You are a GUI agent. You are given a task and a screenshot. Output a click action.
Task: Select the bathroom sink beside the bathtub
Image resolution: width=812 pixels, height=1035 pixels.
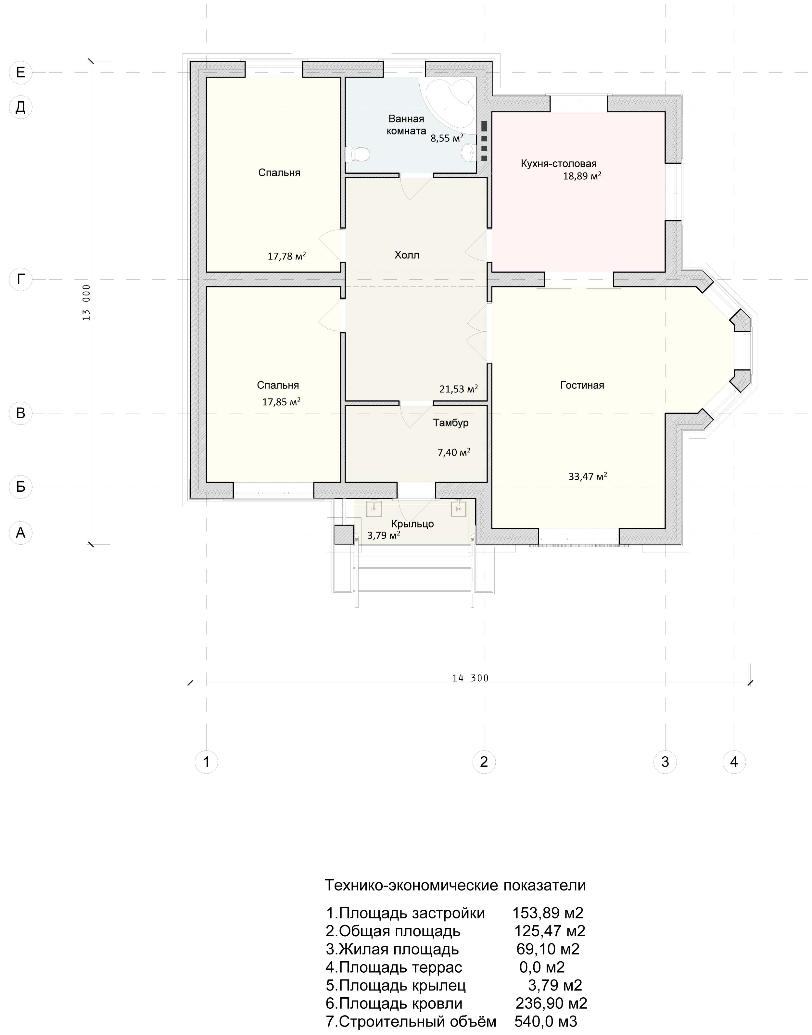(469, 152)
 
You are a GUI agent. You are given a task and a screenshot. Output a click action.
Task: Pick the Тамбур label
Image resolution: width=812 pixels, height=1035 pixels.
(451, 423)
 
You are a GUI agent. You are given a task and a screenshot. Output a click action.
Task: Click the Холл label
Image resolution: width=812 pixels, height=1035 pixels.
(407, 255)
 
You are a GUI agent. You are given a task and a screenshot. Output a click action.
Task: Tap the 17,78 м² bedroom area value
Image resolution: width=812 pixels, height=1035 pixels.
(287, 256)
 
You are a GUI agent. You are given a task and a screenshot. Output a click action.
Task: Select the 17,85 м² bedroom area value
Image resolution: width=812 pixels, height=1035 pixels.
(282, 402)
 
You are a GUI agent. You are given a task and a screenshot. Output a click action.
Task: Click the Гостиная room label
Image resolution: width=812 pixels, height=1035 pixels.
(582, 385)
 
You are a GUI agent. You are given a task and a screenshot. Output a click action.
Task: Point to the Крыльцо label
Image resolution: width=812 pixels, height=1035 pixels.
(412, 524)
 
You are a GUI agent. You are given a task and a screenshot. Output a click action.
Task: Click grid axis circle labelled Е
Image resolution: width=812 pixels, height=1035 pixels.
(20, 72)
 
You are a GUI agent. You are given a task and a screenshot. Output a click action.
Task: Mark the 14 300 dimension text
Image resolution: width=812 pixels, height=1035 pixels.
(470, 678)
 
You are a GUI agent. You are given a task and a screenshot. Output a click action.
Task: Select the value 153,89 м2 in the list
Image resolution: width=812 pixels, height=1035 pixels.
(548, 913)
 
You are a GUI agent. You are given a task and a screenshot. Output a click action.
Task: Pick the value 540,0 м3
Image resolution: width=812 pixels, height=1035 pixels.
(546, 1021)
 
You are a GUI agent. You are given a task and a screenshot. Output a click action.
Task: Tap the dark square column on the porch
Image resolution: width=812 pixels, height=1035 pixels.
(344, 535)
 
